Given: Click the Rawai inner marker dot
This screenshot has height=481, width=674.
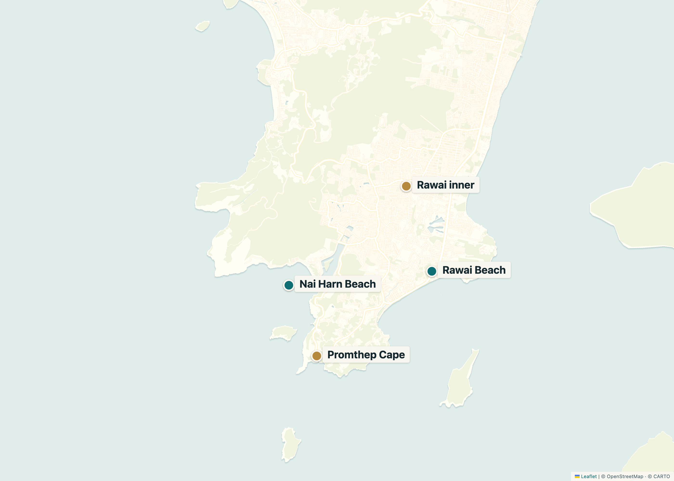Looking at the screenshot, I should point(406,186).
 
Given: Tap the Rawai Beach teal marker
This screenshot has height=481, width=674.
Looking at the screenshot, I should point(432,271).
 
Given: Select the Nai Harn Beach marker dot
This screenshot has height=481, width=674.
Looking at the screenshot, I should point(289,285).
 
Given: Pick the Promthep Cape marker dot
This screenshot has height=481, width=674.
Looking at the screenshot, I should point(317,356).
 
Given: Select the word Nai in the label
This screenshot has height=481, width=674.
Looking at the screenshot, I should point(307,284).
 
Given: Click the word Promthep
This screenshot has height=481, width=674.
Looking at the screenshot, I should point(351,355).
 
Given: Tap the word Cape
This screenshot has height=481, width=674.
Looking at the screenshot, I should point(392,355).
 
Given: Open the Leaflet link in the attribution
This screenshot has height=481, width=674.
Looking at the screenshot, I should point(589,476).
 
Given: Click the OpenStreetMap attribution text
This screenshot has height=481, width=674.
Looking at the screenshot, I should point(625,476).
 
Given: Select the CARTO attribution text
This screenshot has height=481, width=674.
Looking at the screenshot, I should point(661,476).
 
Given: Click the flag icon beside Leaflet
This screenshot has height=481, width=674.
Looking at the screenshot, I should point(577,476).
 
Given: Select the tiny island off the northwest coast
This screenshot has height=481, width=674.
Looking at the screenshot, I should point(203,26).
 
